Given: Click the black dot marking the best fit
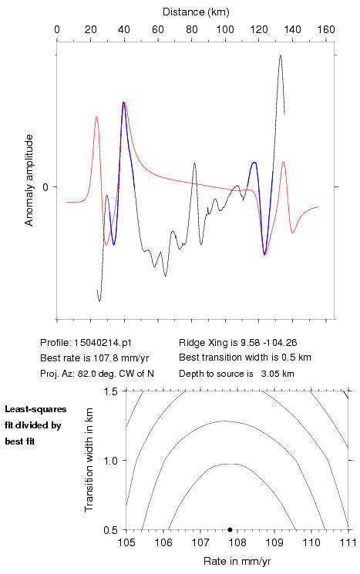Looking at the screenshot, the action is pyautogui.click(x=230, y=529).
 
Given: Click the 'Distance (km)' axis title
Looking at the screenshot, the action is pyautogui.click(x=196, y=12).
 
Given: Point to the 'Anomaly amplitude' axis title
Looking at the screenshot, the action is pyautogui.click(x=29, y=180).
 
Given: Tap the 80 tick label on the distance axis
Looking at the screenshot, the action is pyautogui.click(x=191, y=29).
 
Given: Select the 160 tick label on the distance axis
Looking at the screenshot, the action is pyautogui.click(x=326, y=29).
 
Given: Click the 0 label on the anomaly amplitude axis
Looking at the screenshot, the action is pyautogui.click(x=45, y=187).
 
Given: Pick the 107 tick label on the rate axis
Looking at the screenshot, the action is pyautogui.click(x=200, y=542).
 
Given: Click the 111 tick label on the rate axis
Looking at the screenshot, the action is pyautogui.click(x=348, y=542).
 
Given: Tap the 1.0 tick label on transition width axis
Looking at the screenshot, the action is pyautogui.click(x=110, y=461).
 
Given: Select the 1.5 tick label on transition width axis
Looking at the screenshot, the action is pyautogui.click(x=110, y=391).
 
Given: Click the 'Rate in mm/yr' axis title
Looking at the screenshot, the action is pyautogui.click(x=237, y=561).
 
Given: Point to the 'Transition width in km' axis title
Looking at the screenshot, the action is pyautogui.click(x=89, y=460).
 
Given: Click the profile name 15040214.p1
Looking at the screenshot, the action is pyautogui.click(x=103, y=343).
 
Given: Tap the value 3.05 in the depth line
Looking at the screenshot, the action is pyautogui.click(x=269, y=374).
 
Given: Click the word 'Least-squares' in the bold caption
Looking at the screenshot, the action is pyautogui.click(x=35, y=409).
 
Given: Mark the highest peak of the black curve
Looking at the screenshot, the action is pyautogui.click(x=280, y=55).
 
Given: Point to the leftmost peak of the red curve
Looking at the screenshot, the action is pyautogui.click(x=96, y=116).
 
